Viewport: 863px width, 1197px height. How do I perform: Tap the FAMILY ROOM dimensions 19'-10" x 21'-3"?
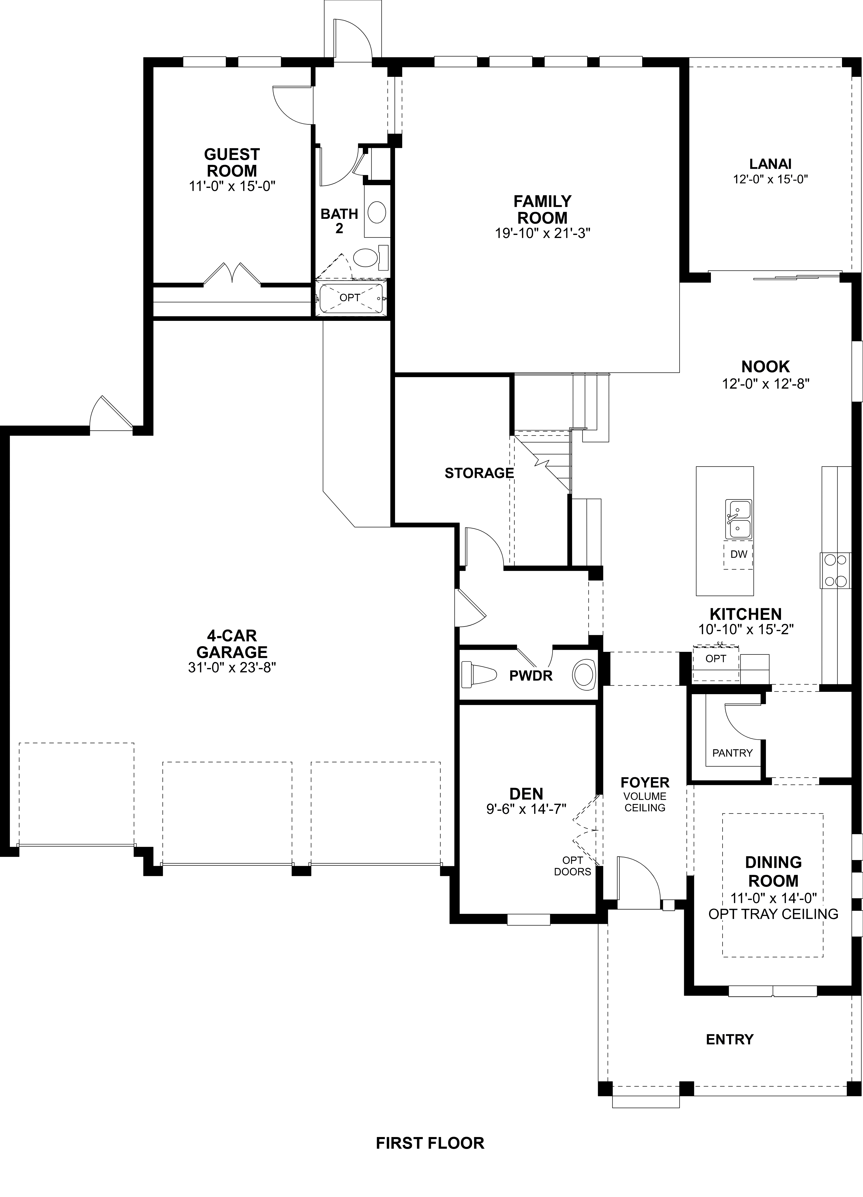coord(542,233)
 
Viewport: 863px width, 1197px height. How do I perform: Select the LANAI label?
coord(770,164)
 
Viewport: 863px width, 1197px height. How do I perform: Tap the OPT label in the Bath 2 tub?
coord(349,298)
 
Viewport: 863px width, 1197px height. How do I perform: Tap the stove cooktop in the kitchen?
coord(835,571)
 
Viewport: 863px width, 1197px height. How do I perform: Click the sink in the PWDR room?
coord(584,675)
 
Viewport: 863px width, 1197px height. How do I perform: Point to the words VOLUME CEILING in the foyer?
coord(644,802)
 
